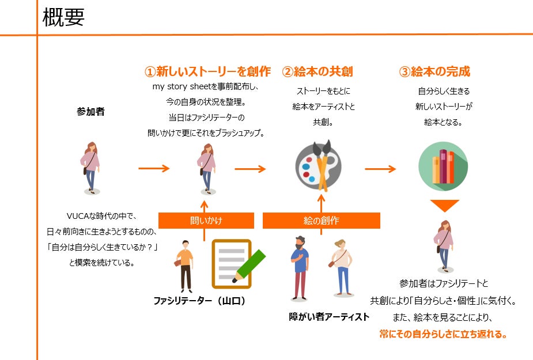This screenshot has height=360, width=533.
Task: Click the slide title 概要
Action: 64,17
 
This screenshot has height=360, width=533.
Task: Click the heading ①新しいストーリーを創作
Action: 207,71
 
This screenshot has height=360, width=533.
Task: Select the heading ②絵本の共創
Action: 317,71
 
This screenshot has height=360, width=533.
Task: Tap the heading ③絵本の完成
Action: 434,71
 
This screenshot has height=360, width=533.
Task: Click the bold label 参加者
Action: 90,112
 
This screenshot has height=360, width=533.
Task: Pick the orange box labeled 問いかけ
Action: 206,221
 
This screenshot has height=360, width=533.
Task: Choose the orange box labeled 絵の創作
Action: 321,221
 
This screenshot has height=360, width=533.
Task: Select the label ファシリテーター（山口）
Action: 199,300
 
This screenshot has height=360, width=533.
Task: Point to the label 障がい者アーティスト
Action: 329,317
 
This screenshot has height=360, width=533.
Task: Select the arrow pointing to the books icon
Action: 380,169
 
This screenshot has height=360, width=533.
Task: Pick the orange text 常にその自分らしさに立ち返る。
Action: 444,334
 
